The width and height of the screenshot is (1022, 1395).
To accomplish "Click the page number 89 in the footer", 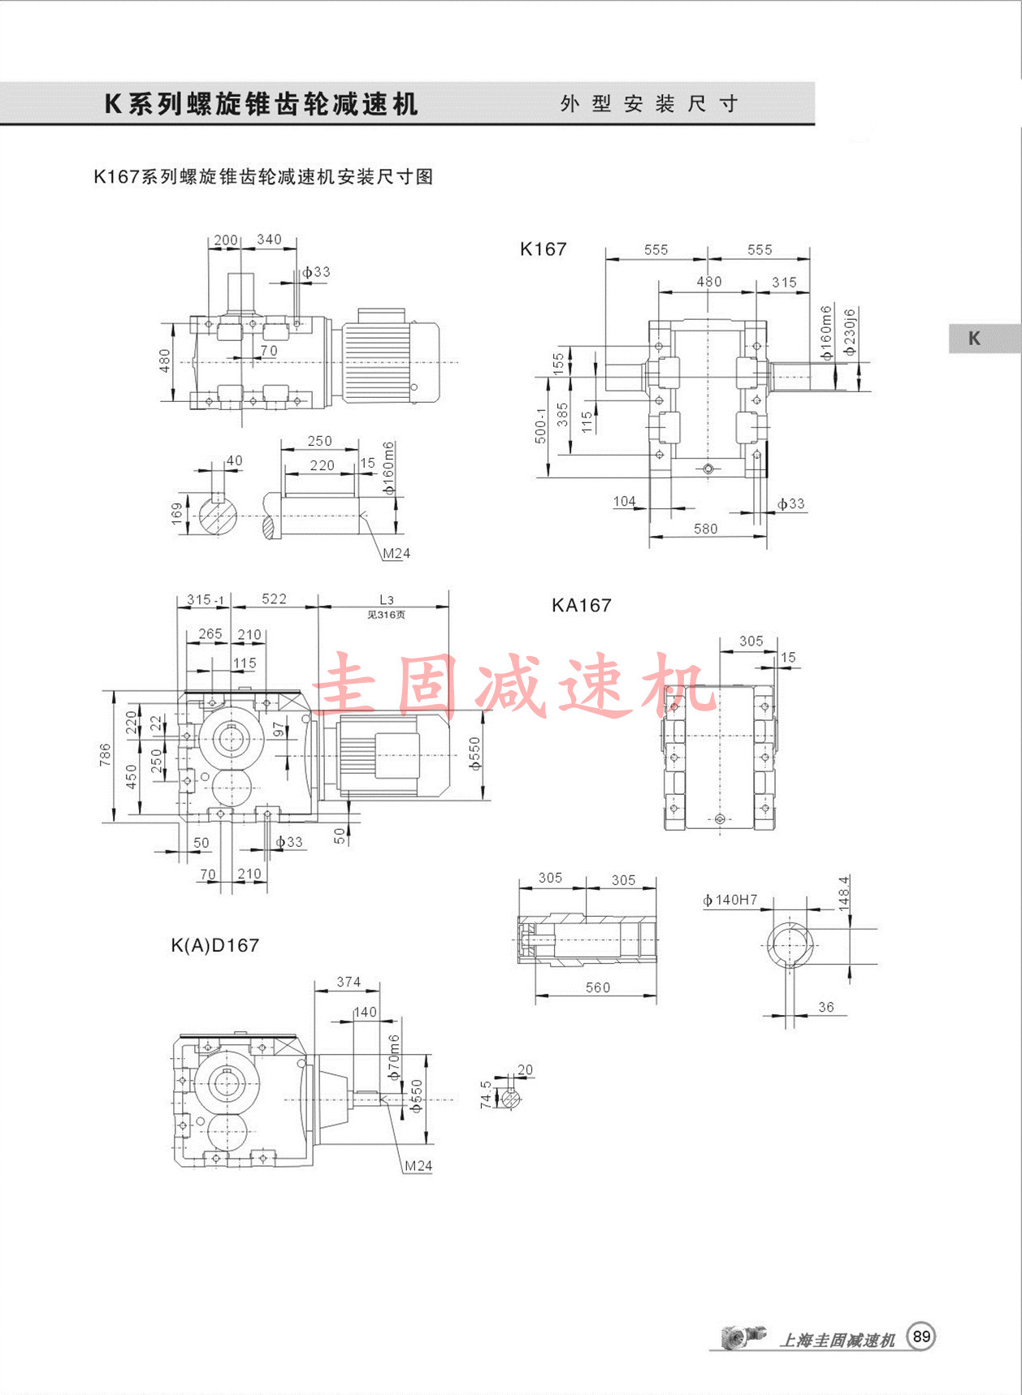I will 921,1337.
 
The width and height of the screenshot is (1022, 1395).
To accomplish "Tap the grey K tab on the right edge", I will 975,339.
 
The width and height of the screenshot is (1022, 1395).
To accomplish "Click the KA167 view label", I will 581,605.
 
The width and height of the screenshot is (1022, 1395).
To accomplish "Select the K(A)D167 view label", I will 215,945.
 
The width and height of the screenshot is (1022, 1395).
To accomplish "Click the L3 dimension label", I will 387,600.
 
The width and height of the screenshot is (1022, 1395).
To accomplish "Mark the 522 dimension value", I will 274,598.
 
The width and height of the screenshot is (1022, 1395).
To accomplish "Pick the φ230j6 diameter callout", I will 850,332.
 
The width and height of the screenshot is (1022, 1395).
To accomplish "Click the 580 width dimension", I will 705,529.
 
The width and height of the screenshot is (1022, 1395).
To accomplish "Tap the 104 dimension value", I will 624,501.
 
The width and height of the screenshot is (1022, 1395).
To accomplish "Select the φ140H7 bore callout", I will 730,900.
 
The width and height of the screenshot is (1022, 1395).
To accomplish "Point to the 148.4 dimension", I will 844,892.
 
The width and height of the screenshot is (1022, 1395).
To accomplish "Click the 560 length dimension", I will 597,987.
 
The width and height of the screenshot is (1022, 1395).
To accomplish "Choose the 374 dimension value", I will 349,982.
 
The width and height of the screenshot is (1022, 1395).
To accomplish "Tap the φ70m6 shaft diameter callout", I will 395,1056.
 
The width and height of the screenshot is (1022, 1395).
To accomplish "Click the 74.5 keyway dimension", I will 486,1095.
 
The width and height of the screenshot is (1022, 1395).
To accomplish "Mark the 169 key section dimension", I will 177,513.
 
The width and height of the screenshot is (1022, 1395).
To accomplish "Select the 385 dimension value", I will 562,415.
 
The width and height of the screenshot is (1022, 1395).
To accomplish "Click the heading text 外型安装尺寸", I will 649,104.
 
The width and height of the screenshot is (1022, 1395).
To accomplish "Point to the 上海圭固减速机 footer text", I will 837,1340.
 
